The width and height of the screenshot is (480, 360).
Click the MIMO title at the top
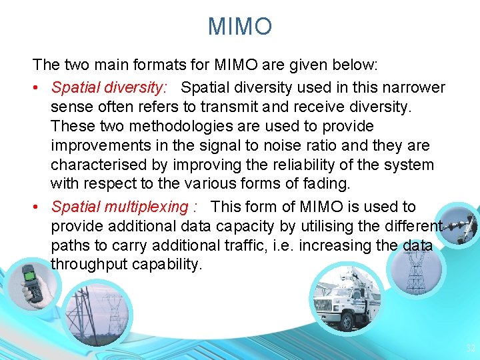(x=240, y=27)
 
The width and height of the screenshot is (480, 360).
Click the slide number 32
(x=471, y=347)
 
